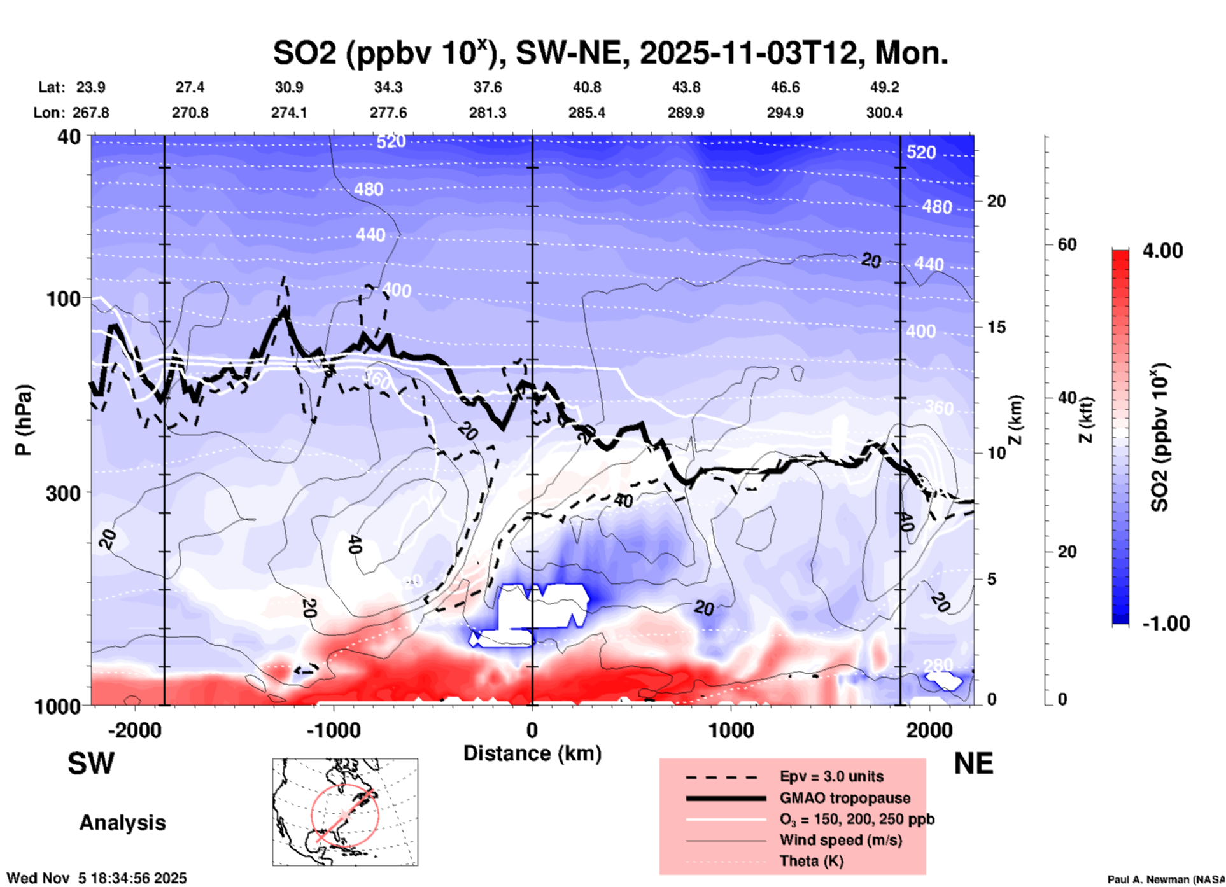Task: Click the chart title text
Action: [610, 53]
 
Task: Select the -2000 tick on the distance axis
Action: [135, 730]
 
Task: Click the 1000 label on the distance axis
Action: [731, 730]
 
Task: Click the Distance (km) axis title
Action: [532, 753]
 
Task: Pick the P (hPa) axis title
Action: [24, 420]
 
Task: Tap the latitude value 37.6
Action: [488, 87]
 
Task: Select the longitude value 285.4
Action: [586, 113]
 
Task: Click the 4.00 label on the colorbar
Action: [1162, 251]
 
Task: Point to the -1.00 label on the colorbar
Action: [1165, 624]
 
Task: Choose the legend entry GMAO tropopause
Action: [845, 798]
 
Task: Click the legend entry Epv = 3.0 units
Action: [831, 777]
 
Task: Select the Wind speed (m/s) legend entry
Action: [840, 840]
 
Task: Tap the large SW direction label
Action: [91, 764]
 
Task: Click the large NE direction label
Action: [973, 764]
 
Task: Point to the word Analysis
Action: [122, 823]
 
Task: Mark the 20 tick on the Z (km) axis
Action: [996, 202]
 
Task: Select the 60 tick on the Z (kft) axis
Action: [1067, 244]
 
